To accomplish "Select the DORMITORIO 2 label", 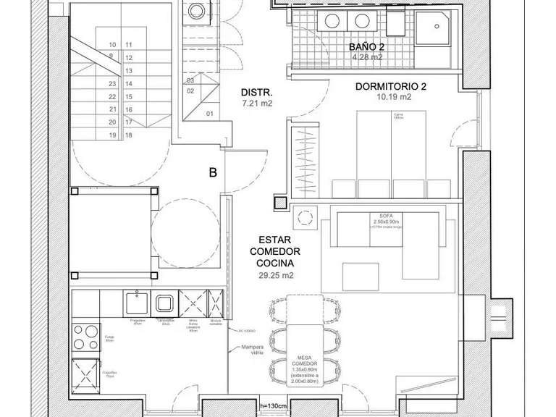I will (391, 87).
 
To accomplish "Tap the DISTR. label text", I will (256, 93).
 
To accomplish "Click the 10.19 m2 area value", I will (394, 97).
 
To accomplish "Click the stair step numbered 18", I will (128, 135).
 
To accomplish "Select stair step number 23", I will (112, 84).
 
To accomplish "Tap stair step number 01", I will (210, 114).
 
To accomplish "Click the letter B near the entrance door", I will (213, 173).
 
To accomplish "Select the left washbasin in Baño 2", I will (335, 21).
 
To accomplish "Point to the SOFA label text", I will (384, 216).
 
